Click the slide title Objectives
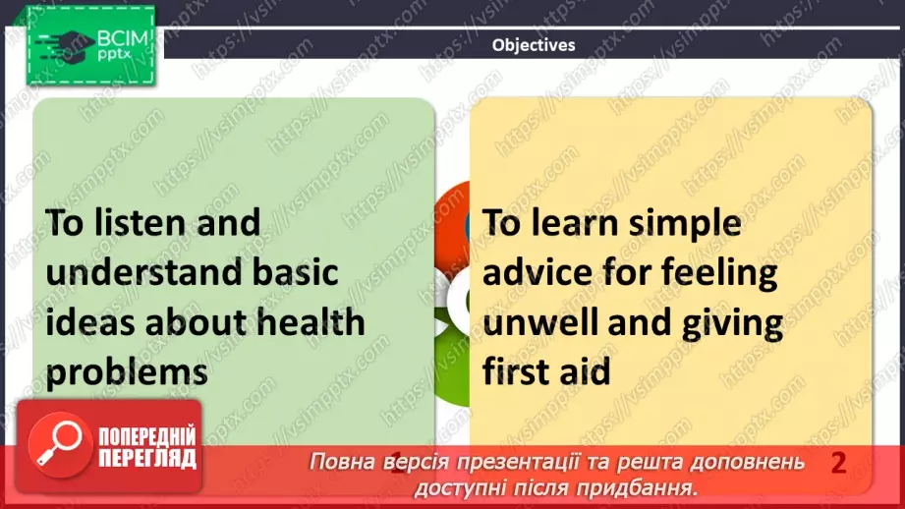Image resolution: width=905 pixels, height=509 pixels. tap(534, 44)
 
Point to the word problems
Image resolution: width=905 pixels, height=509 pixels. tap(127, 372)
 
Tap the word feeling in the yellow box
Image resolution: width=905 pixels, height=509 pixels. tap(717, 271)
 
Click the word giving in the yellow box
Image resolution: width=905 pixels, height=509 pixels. tap(727, 321)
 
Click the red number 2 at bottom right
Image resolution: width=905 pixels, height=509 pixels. tap(838, 463)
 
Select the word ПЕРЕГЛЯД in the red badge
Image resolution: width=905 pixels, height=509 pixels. tap(146, 458)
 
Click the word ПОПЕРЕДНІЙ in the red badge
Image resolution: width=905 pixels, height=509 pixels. tap(146, 437)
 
